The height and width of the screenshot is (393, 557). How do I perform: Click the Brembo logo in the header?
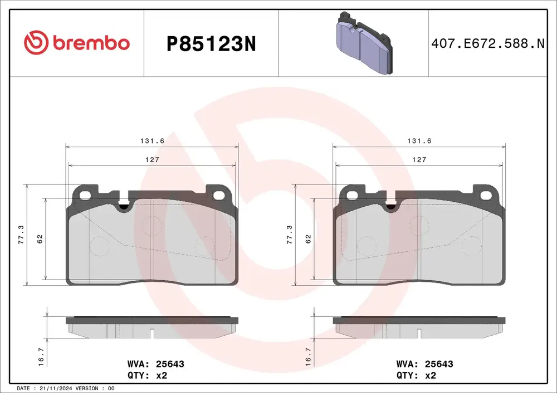click(x=77, y=43)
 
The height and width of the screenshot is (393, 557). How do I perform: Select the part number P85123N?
click(x=211, y=44)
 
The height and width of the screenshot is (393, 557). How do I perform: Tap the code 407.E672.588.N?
click(x=488, y=43)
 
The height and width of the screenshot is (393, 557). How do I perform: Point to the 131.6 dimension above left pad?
click(x=152, y=141)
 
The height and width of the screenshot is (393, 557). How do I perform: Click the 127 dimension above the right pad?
click(x=419, y=160)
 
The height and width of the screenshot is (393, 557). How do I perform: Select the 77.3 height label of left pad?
click(x=21, y=234)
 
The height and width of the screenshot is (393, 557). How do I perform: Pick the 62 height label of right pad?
click(x=308, y=239)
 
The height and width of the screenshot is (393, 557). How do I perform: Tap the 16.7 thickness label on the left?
click(x=41, y=356)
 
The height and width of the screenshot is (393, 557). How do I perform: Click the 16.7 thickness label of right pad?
click(x=308, y=356)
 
